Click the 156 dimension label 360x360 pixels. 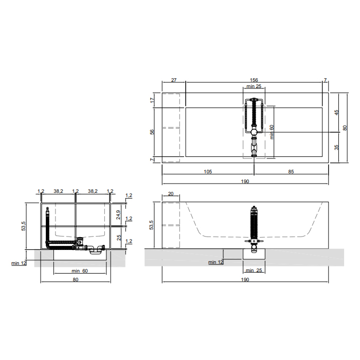(254, 80)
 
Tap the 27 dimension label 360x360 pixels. (174, 80)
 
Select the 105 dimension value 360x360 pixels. (208, 171)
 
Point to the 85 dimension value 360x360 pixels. (291, 171)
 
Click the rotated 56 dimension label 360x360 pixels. (152, 132)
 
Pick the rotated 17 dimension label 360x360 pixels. (152, 100)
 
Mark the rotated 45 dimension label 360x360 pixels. (336, 113)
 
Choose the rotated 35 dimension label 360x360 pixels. (336, 147)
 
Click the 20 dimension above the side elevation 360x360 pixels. (171, 193)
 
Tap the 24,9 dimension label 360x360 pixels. (118, 214)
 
